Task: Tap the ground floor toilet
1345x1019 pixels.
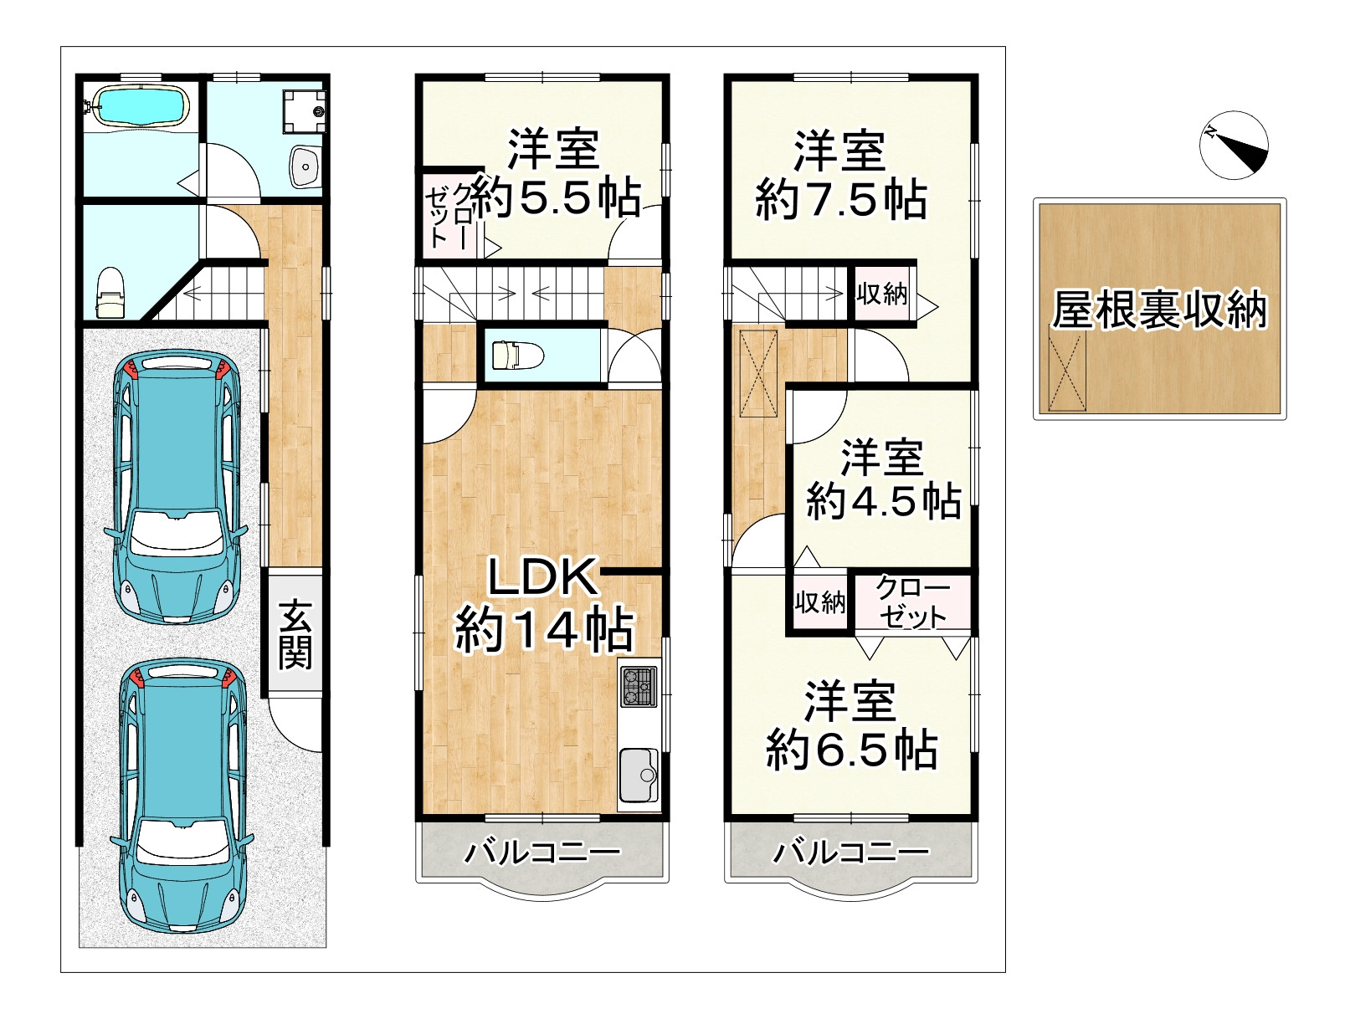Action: pyautogui.click(x=110, y=294)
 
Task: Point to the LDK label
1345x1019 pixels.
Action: pyautogui.click(x=542, y=577)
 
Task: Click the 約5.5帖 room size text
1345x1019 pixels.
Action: pyautogui.click(x=556, y=198)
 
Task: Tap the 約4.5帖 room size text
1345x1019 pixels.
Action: pyautogui.click(x=884, y=501)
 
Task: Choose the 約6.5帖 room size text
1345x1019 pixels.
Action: pyautogui.click(x=852, y=750)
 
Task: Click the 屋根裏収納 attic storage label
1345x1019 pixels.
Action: pyautogui.click(x=1159, y=310)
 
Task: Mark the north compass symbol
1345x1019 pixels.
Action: pyautogui.click(x=1234, y=145)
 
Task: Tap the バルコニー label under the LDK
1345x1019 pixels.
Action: pyautogui.click(x=542, y=853)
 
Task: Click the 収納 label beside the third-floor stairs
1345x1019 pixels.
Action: pyautogui.click(x=882, y=294)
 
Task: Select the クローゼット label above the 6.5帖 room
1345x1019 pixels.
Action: pyautogui.click(x=912, y=602)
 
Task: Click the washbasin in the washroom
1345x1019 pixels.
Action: pyautogui.click(x=305, y=166)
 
